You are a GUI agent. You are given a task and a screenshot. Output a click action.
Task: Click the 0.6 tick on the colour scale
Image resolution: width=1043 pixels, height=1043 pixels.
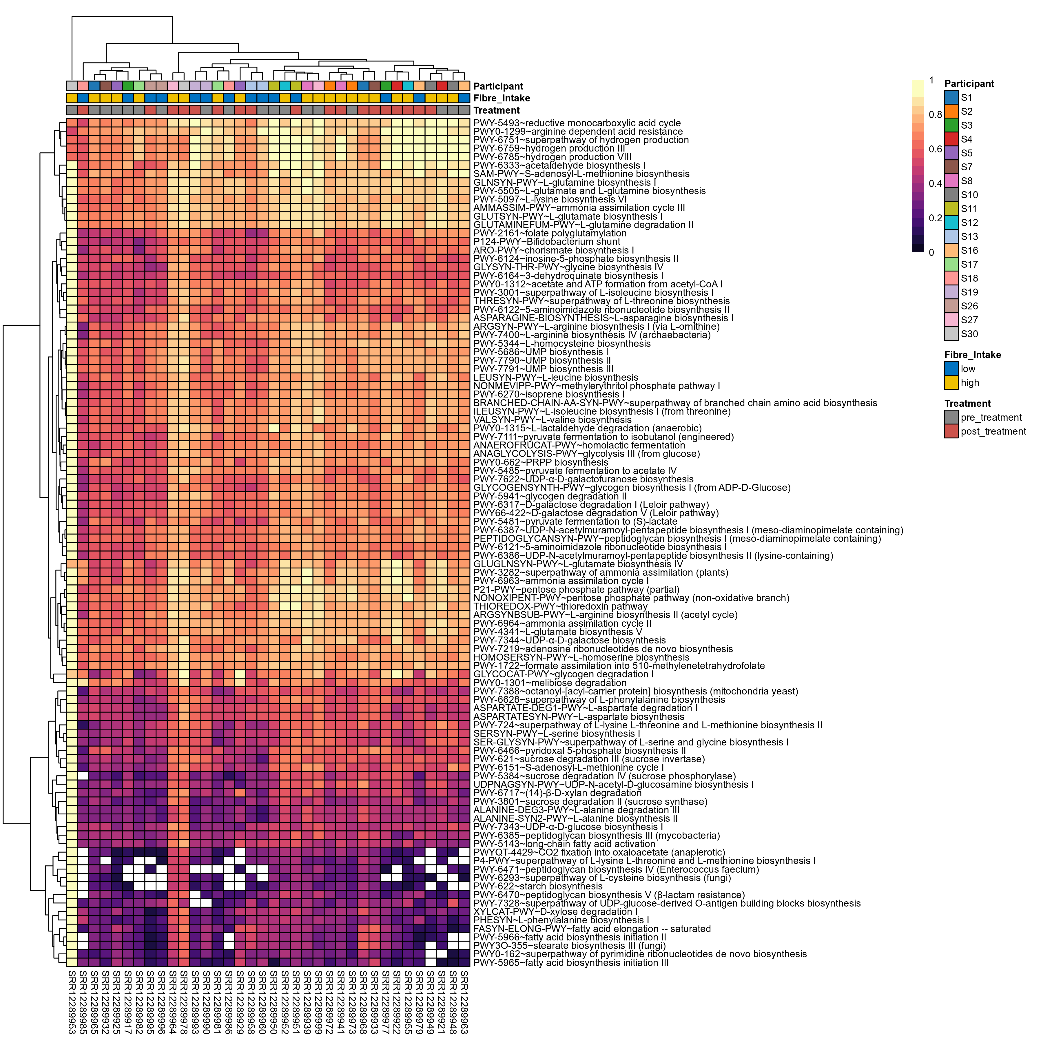(x=935, y=149)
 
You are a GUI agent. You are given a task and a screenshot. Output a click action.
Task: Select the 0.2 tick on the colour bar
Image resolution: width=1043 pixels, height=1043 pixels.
(x=935, y=218)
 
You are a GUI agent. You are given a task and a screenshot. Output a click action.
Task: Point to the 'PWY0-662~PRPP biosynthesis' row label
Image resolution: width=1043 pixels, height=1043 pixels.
(x=540, y=462)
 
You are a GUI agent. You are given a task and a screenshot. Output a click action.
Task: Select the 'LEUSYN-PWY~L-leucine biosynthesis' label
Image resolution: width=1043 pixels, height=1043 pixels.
(x=555, y=377)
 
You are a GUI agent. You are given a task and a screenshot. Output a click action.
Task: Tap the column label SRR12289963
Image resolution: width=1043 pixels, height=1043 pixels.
(x=464, y=1002)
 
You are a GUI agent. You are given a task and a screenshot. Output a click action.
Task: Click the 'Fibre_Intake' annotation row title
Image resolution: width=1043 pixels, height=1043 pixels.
(x=502, y=98)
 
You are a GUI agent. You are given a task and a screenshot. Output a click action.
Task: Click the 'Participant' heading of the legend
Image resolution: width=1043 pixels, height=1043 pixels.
(x=969, y=84)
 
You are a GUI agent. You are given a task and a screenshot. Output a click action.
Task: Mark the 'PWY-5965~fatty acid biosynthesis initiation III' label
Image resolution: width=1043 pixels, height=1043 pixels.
(x=571, y=962)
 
